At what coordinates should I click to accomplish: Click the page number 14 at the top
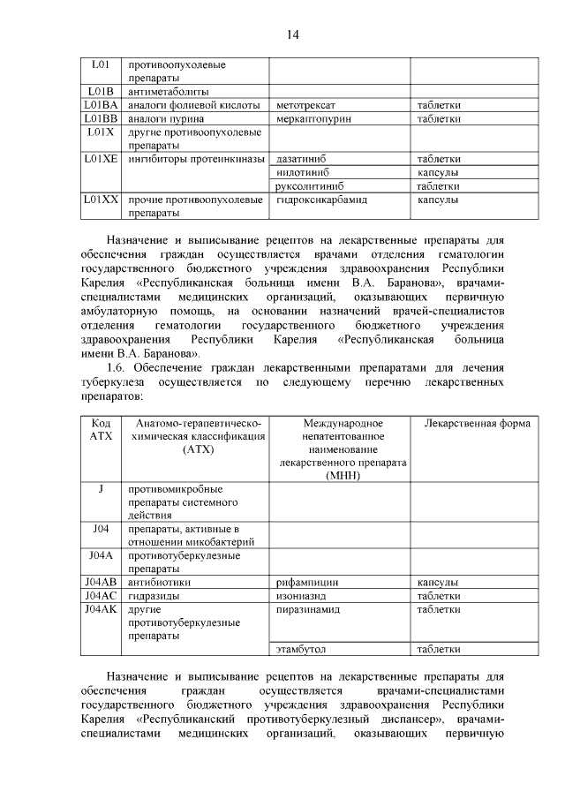tap(293, 34)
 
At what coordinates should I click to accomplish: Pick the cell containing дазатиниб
tap(302, 159)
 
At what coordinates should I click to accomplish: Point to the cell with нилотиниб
tap(303, 172)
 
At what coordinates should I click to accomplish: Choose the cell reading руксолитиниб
tap(309, 186)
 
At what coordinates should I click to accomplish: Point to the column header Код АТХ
tap(101, 430)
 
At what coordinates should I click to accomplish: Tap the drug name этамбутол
tap(302, 650)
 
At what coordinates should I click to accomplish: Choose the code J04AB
tap(101, 583)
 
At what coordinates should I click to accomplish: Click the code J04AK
tap(101, 609)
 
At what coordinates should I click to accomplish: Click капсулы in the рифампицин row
tap(438, 583)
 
